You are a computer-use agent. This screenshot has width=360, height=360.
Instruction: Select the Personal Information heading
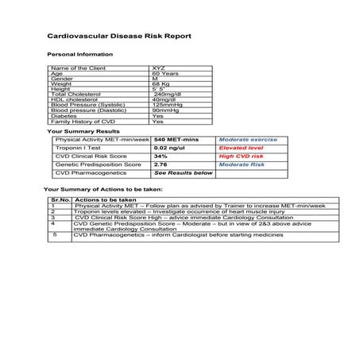pyautogui.click(x=80, y=54)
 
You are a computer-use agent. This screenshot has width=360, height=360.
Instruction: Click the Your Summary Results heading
pyautogui.click(x=84, y=130)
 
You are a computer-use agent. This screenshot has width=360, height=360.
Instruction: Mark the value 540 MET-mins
pyautogui.click(x=176, y=139)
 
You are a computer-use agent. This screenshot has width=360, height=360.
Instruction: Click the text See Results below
pyautogui.click(x=184, y=172)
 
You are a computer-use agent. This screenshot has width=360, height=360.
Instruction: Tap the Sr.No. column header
pyautogui.click(x=60, y=199)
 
